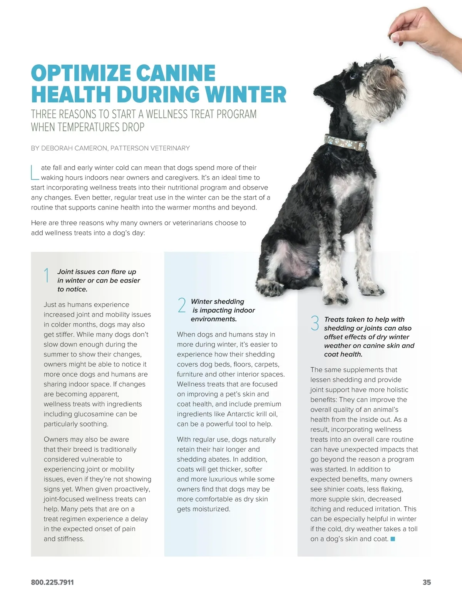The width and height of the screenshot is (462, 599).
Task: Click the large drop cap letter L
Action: click(x=35, y=173)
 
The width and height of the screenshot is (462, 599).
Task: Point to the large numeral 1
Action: click(x=47, y=276)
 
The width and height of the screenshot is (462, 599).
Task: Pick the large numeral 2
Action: click(x=182, y=305)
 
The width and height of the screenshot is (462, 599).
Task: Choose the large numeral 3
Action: click(x=315, y=323)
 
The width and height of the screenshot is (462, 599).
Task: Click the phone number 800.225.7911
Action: click(x=52, y=582)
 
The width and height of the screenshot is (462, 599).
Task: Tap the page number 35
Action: click(x=427, y=582)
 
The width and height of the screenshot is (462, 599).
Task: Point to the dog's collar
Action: click(x=345, y=142)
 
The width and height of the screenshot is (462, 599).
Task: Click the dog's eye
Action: click(x=353, y=75)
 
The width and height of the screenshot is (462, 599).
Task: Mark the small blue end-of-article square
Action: click(x=393, y=539)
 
